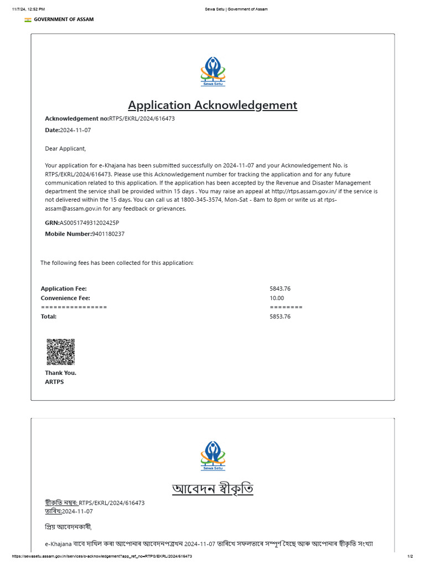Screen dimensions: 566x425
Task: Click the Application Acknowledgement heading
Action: [x=212, y=105]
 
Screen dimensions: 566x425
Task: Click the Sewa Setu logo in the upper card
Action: [x=212, y=71]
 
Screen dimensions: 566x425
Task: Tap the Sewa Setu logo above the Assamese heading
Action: [x=212, y=456]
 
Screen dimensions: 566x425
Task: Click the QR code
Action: [x=60, y=352]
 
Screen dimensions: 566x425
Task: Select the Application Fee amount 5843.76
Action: [x=280, y=289]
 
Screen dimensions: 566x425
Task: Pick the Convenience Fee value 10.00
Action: [x=277, y=298]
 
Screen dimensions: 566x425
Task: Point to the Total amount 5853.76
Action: [x=280, y=317]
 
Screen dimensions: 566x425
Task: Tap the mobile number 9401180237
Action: [x=108, y=234]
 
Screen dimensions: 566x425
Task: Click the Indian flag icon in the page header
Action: [x=28, y=19]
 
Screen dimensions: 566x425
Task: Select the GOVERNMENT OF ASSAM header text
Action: [x=64, y=19]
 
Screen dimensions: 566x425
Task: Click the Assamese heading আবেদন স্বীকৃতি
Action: [x=212, y=489]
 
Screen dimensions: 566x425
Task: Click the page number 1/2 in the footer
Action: [x=410, y=556]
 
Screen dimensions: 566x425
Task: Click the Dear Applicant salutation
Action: [x=65, y=148]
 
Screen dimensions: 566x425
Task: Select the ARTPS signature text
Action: [x=54, y=382]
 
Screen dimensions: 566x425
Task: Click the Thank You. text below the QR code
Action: [x=60, y=373]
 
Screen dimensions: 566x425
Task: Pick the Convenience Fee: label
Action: [x=65, y=298]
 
